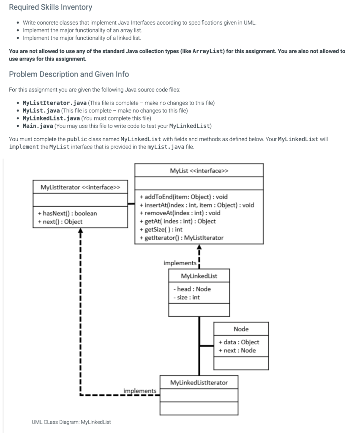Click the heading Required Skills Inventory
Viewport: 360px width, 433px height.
coord(51,7)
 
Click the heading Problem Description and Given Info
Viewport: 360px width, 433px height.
coord(69,74)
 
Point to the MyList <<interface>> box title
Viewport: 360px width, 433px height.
coord(199,170)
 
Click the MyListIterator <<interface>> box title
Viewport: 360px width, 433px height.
coord(80,187)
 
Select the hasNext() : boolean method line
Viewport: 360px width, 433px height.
coord(67,214)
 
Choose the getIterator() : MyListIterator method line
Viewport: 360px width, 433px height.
coord(181,238)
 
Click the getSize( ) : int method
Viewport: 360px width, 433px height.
coord(163,230)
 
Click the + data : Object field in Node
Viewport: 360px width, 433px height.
coord(239,342)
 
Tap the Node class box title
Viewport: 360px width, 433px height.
coord(241,329)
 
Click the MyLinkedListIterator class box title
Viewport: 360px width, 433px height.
coord(199,382)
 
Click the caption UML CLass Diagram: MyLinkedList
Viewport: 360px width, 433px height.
coord(71,422)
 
